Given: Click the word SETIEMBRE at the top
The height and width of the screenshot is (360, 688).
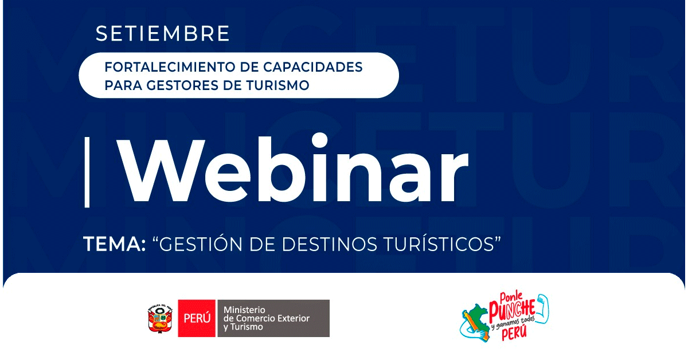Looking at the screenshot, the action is pyautogui.click(x=162, y=33).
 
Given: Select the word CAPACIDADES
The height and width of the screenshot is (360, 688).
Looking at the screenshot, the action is pyautogui.click(x=313, y=67).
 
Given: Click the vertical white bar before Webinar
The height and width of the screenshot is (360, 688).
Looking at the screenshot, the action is pyautogui.click(x=87, y=172).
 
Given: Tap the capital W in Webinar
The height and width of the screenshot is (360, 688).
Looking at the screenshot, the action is pyautogui.click(x=161, y=171).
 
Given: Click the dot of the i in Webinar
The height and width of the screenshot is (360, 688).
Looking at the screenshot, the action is pyautogui.click(x=320, y=140).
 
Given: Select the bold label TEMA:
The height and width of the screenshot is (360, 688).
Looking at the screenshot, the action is pyautogui.click(x=114, y=245).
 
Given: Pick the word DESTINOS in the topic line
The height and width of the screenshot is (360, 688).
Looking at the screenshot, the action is pyautogui.click(x=329, y=245).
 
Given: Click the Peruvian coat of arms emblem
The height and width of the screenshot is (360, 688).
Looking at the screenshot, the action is pyautogui.click(x=161, y=319).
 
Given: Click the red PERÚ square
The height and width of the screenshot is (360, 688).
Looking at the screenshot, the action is pyautogui.click(x=197, y=318).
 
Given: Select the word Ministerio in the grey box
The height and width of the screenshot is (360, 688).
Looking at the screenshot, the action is pyautogui.click(x=244, y=310).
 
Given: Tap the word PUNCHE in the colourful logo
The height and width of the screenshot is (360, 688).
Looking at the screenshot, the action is pyautogui.click(x=512, y=309).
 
